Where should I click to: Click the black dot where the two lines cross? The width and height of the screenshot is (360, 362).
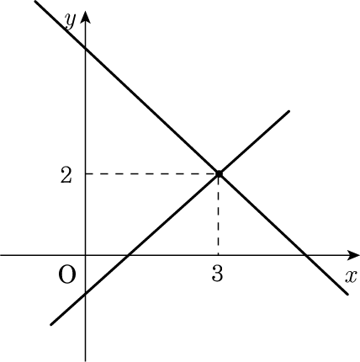219,174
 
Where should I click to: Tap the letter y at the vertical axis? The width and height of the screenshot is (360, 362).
70,20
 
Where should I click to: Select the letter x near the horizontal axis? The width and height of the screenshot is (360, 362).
351,276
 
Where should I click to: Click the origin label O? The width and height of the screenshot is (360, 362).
67,274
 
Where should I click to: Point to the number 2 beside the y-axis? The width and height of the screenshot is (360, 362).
66,176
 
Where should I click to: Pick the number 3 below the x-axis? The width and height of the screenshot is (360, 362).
217,274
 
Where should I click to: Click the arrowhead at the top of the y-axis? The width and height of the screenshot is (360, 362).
85,16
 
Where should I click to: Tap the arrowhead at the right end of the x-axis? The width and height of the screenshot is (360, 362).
353,255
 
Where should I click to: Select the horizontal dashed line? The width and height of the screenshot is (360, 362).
151,174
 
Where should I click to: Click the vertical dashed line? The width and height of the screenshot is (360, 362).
219,215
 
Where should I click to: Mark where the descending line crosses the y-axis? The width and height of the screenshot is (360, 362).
85,49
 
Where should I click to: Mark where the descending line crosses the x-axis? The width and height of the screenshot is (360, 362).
306,255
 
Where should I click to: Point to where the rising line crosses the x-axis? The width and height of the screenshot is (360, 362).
128,255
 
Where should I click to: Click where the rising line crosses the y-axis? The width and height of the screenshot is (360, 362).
85,294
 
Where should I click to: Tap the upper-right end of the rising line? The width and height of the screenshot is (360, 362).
289,112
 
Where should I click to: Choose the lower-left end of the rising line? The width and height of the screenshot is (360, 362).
51,325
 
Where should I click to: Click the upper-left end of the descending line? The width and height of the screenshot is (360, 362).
34,1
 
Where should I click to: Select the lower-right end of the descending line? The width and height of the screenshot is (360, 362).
347,294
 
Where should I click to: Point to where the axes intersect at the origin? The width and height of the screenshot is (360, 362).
85,255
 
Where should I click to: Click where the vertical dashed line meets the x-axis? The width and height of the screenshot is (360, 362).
219,255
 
